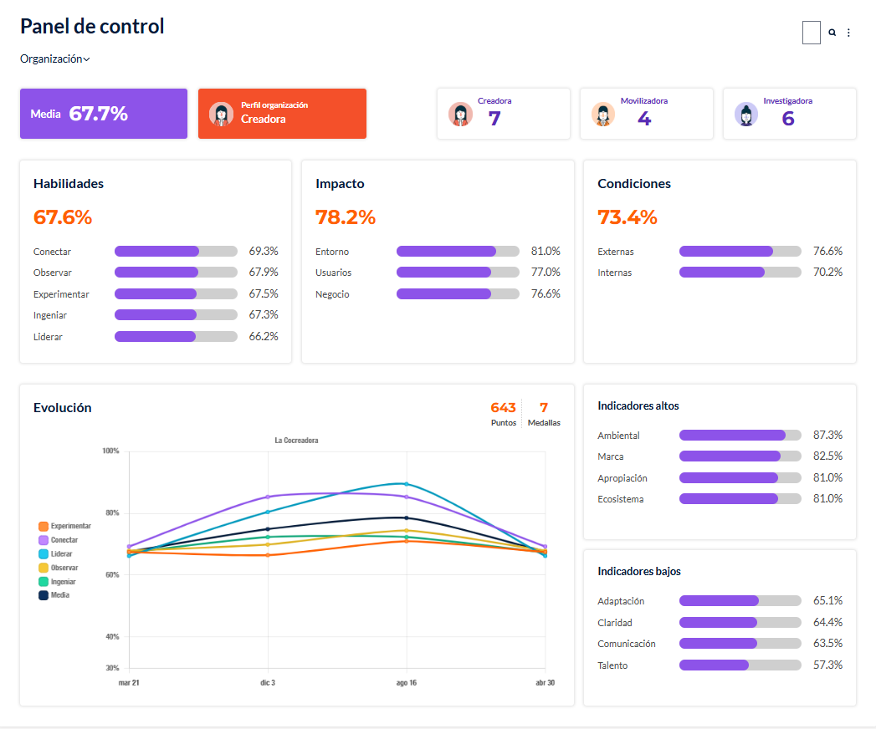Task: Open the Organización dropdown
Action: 54,59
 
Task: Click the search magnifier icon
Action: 832,33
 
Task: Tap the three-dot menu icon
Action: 848,33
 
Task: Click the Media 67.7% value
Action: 99,114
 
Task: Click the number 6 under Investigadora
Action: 787,119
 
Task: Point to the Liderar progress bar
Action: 176,337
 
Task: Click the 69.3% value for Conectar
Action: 264,251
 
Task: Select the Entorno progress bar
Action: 458,251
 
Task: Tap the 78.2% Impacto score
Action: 346,217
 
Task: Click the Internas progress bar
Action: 740,273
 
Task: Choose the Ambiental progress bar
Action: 740,436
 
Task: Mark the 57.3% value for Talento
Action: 828,665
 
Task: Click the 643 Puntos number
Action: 503,407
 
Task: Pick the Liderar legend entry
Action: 56,553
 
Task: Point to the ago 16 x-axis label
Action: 406,683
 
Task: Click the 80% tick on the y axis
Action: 112,513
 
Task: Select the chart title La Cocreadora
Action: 296,441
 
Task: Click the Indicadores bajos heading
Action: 639,572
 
